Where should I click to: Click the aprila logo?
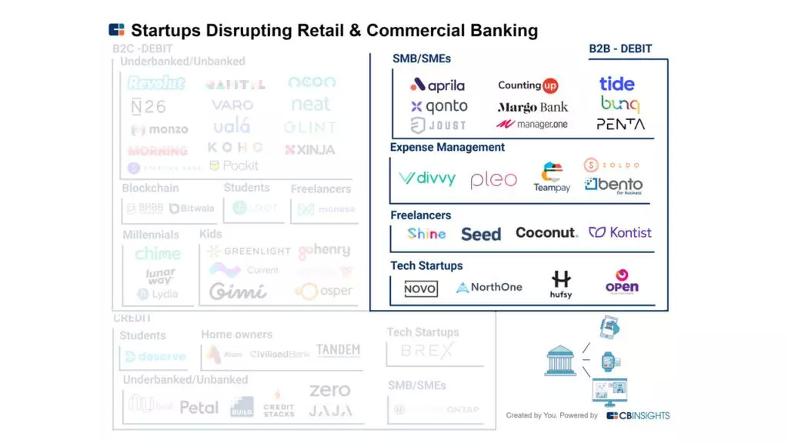pos(437,85)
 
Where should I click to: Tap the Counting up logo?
pos(528,85)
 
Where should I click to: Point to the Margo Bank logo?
pos(533,107)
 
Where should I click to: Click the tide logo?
pos(617,84)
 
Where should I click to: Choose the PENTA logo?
pos(620,124)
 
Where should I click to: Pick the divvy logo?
pos(427,178)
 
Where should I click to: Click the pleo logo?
pos(493,180)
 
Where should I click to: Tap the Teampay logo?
pos(552,178)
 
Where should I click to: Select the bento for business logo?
pos(613,185)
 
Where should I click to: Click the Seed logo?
pos(481,234)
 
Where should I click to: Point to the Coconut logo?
pos(546,232)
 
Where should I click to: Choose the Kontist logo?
pos(620,232)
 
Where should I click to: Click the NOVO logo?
pos(421,288)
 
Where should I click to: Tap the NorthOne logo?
pos(489,288)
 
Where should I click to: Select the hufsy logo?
pos(561,284)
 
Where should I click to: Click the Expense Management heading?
pos(447,147)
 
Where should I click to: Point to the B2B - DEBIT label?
pos(620,48)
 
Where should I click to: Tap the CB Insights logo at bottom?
pos(638,415)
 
